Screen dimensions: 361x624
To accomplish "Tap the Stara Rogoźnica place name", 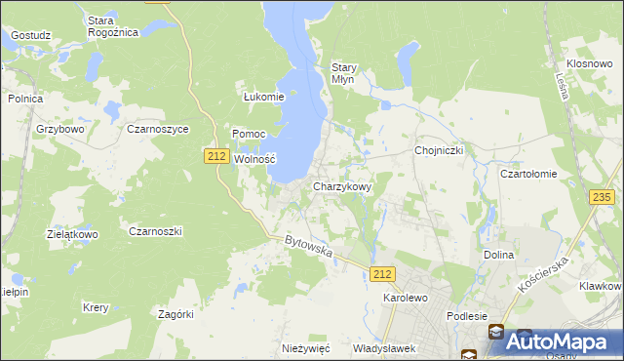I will point(113,25).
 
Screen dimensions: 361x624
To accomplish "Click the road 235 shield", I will point(602,197).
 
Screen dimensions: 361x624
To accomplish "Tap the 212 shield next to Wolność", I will point(216,156).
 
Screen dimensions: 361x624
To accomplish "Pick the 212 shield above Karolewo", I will point(383,275).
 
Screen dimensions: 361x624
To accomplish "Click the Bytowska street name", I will point(309,246).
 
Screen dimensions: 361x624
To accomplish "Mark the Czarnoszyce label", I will point(157,128).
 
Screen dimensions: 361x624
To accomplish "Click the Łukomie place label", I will point(263,97).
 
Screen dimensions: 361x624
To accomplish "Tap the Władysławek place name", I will point(384,348).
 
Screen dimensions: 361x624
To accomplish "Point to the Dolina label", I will point(498,255).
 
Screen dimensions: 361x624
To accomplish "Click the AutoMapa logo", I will point(553,341).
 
